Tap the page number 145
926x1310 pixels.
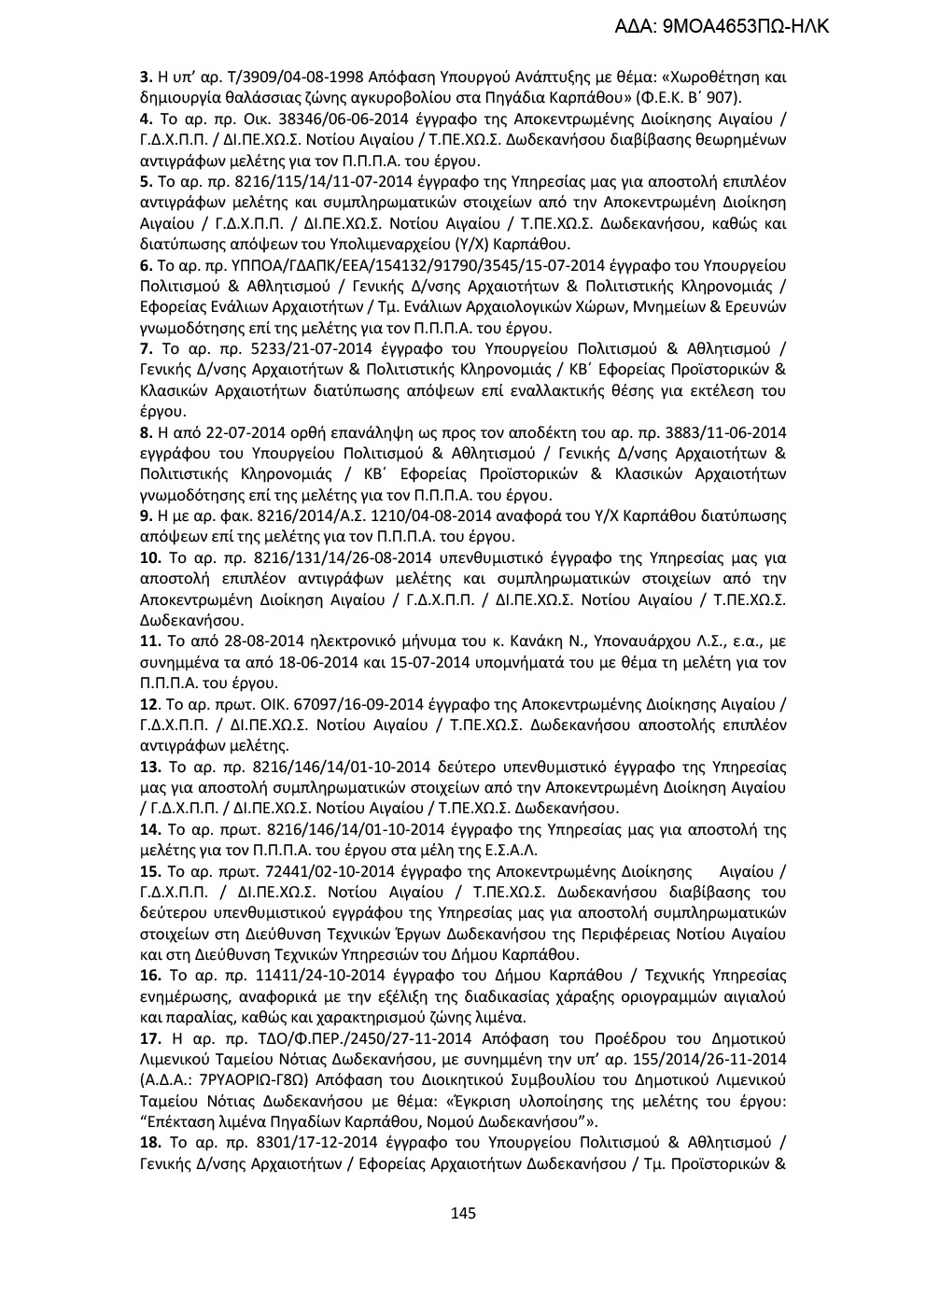coord(463,1213)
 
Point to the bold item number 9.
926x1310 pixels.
coord(145,516)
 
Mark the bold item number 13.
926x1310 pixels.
coord(148,768)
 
